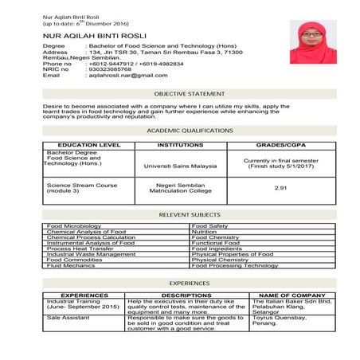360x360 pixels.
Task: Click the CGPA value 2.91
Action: point(280,188)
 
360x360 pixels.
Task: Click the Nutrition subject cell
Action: point(205,232)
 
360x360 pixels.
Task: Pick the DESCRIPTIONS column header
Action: point(186,295)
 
